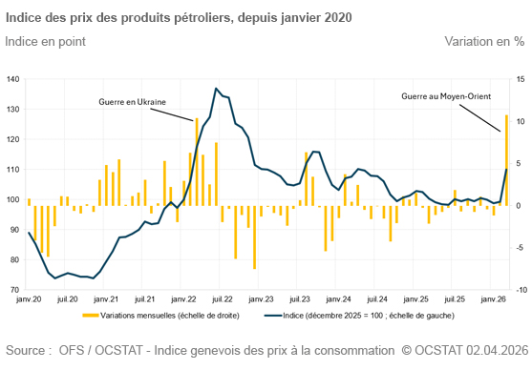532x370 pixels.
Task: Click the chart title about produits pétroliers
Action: (179, 17)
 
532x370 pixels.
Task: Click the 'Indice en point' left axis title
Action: (45, 41)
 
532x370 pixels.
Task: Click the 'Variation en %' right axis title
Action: (484, 41)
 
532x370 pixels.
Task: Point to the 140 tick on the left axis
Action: (12, 79)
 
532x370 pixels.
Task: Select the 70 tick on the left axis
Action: (14, 289)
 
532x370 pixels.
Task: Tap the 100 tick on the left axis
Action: (12, 199)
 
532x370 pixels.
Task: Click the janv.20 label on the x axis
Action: (29, 299)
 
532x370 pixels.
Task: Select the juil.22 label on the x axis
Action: (222, 299)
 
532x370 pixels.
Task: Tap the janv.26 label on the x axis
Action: (493, 299)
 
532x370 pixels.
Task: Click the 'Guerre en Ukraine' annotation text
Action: (132, 100)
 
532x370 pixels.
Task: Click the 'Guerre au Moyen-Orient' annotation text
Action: (445, 96)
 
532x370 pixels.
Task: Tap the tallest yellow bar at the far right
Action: (505, 157)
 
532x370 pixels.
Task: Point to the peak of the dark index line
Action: (216, 89)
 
